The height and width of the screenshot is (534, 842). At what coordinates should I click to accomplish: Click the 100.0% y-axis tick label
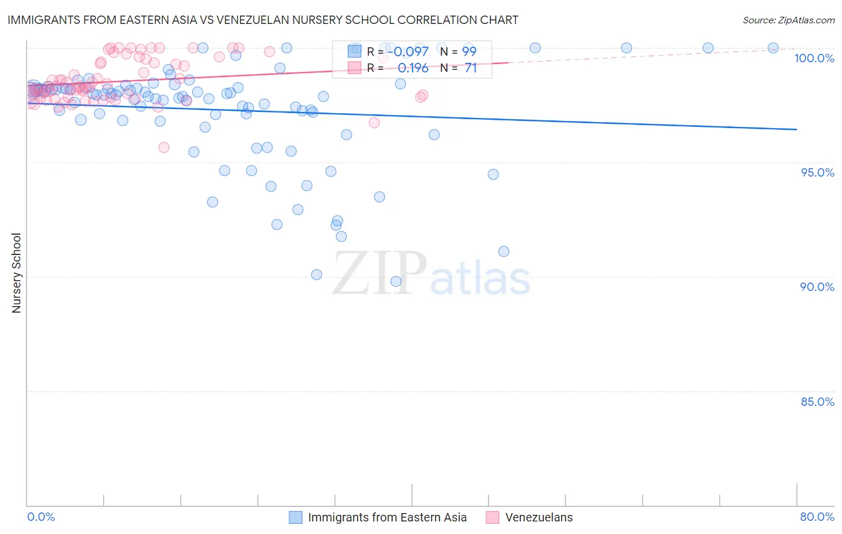814,58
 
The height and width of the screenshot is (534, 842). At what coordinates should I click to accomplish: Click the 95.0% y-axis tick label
817,172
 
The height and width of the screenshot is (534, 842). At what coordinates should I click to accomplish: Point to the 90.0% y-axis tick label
817,287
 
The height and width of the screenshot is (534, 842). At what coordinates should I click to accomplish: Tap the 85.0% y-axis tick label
817,402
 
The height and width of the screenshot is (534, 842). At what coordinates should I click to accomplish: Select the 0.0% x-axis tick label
41,517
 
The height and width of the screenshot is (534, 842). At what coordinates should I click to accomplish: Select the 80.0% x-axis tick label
817,517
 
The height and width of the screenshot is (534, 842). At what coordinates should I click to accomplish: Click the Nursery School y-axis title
16,273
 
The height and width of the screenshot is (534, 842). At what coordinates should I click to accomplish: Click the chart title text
263,20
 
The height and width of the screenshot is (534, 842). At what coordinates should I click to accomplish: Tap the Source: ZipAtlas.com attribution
788,20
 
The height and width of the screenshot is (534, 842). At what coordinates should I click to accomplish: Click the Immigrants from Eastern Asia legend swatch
295,517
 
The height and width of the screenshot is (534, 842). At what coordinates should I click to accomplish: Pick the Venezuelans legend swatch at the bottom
492,517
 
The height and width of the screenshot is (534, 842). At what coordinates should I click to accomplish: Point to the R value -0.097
408,51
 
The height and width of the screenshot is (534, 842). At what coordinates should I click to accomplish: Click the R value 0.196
413,68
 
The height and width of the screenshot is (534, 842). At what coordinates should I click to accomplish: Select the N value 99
469,51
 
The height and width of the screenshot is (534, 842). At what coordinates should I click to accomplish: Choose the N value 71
471,68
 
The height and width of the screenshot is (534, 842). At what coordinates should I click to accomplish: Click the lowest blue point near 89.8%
396,281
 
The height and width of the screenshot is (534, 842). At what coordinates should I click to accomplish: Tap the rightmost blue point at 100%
773,48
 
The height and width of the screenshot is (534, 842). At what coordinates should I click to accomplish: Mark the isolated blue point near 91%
504,251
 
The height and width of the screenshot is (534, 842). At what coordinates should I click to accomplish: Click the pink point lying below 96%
163,147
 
